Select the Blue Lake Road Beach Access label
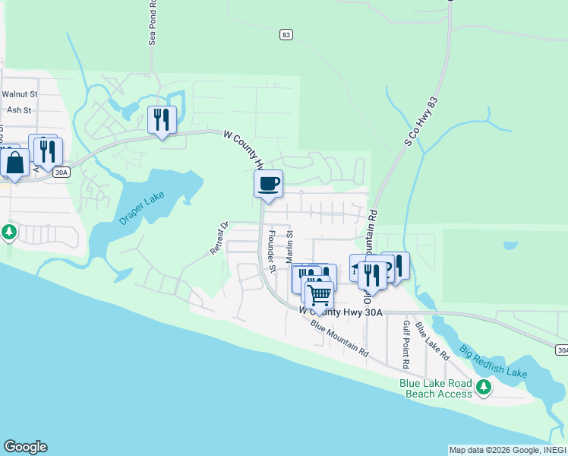coord(436,388)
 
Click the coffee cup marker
coord(268,183)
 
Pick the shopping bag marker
coord(14,162)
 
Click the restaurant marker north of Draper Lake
coord(162,119)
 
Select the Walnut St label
coord(19,94)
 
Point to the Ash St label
coord(18,110)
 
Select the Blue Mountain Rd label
coord(339,340)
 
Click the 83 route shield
coord(286,34)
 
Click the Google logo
coord(25,447)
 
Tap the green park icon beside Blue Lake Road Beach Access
coord(484,389)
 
